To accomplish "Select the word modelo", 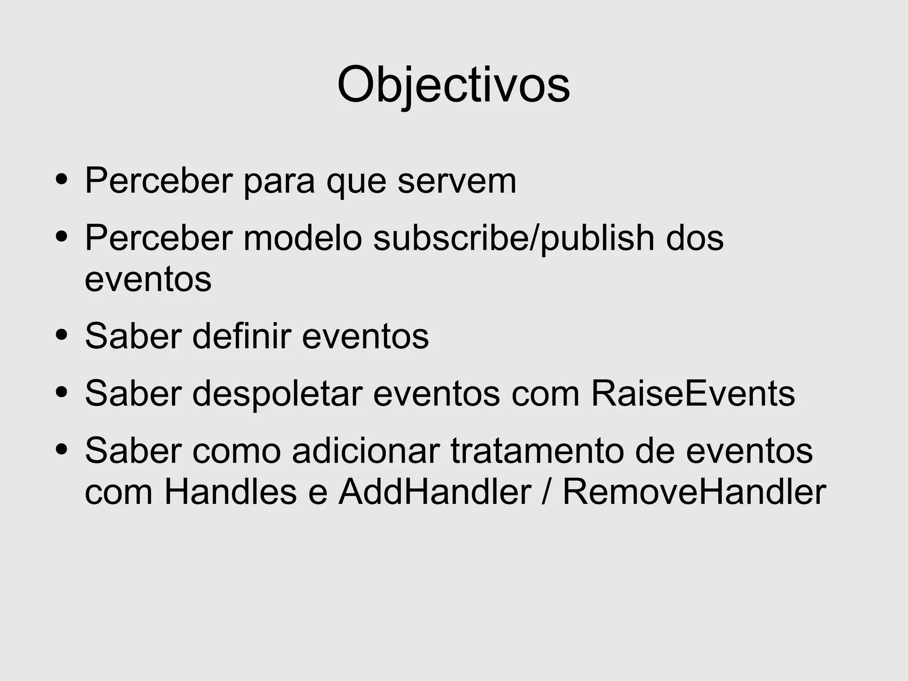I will click(x=302, y=238).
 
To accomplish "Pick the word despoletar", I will click(x=277, y=393).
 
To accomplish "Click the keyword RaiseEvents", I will click(x=693, y=393).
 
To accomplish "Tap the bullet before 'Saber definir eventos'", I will click(x=62, y=335).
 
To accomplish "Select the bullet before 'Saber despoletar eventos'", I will click(x=62, y=392).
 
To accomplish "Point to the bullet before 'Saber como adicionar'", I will click(x=62, y=450).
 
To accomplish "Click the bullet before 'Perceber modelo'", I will click(x=62, y=237).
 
